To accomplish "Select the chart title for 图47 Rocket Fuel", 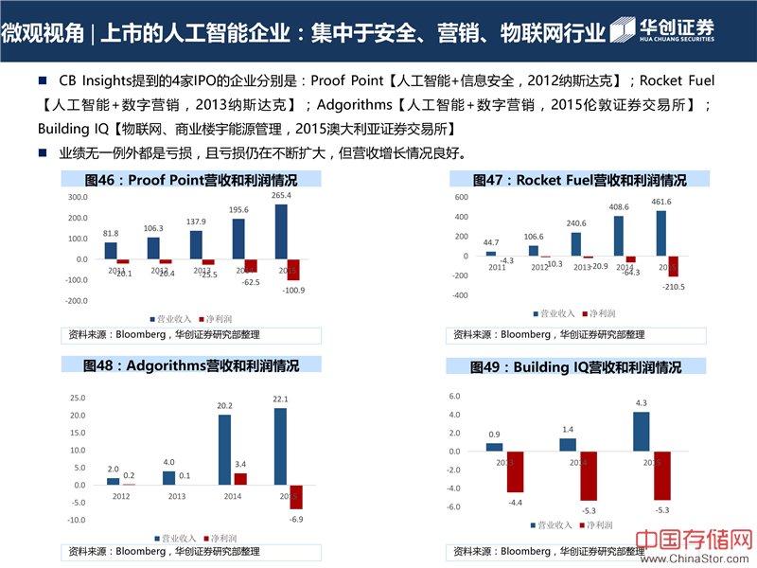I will (x=579, y=180).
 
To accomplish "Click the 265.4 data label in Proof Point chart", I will (x=281, y=195).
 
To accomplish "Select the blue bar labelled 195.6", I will (x=238, y=239).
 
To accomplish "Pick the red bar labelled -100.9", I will (x=293, y=269).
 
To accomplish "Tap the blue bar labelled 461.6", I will (x=660, y=233).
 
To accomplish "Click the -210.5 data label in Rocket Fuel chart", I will (x=673, y=286).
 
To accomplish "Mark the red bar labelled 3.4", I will (x=239, y=479).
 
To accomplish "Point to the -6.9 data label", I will (x=295, y=521).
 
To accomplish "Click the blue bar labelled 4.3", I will (x=642, y=432).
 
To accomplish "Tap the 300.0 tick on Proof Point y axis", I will (x=78, y=197).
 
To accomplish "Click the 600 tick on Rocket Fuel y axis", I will (x=462, y=197).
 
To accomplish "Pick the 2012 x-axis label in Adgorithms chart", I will (x=122, y=495).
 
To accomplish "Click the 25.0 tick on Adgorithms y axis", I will (x=78, y=399).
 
